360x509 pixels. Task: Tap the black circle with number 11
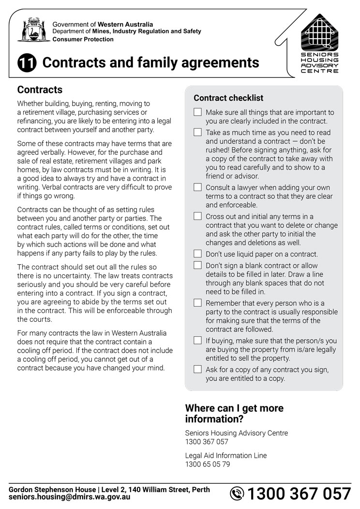(27, 64)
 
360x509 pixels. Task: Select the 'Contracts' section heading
(40, 90)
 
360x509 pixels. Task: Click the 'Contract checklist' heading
(228, 98)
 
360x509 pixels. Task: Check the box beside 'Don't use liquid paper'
(197, 254)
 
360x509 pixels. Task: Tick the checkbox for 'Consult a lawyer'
(197, 187)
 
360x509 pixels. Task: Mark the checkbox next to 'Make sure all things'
(197, 112)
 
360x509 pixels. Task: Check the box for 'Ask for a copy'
(197, 369)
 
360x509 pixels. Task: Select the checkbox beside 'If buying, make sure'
(197, 340)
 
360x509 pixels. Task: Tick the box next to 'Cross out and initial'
(197, 216)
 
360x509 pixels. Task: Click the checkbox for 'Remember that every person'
(197, 302)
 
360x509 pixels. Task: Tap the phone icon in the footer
(237, 494)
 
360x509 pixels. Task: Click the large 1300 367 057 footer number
(299, 494)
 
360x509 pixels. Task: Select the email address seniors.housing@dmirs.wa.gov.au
(69, 497)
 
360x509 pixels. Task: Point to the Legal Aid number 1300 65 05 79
(208, 464)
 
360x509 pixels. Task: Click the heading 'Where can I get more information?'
(234, 413)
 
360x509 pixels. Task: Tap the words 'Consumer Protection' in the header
(83, 40)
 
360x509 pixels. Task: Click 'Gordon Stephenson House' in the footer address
(49, 490)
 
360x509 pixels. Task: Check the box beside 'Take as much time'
(197, 132)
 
